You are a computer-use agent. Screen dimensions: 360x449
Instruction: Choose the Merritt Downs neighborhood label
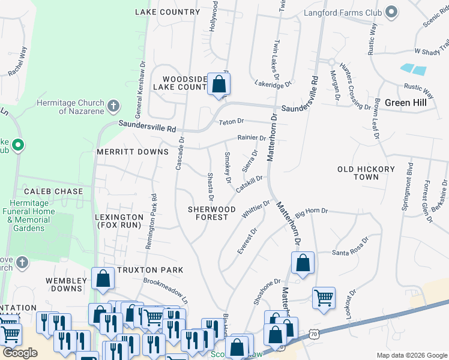133,152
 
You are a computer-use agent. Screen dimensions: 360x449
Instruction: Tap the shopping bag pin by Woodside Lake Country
218,85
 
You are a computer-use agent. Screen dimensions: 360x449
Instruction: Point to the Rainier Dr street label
251,138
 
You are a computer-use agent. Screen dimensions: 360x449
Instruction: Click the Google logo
20,353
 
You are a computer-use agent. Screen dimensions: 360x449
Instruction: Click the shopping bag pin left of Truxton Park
103,278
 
